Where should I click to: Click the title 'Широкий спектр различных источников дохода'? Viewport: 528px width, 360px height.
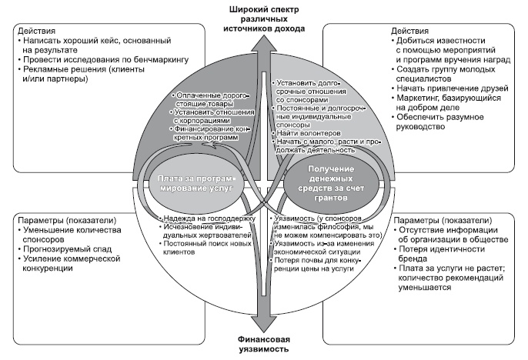click(x=263, y=17)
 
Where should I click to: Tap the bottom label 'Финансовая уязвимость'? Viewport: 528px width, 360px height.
click(x=263, y=343)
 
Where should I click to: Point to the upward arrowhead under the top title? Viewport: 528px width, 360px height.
click(x=263, y=38)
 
